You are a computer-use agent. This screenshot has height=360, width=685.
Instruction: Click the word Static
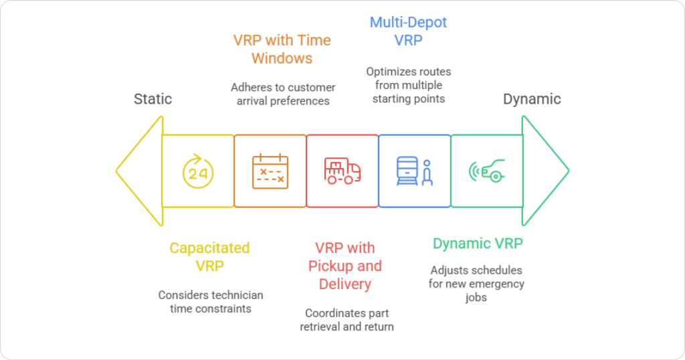[153, 99]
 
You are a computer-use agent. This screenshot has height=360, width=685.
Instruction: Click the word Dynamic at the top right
[532, 99]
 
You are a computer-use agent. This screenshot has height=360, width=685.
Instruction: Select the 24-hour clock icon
[198, 171]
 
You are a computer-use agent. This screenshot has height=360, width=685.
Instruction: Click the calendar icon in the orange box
[270, 171]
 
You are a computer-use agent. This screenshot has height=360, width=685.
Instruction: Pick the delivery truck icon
[342, 171]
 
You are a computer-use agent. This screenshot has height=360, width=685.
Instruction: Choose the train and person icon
[414, 171]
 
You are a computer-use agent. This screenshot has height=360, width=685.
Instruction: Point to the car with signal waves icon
[486, 171]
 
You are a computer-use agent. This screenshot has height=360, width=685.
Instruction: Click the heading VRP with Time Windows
[282, 49]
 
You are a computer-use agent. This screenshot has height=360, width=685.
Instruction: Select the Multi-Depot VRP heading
[408, 31]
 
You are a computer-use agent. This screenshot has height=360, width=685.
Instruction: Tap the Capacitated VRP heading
[209, 256]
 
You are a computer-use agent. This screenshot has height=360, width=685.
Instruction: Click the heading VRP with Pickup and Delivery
[345, 266]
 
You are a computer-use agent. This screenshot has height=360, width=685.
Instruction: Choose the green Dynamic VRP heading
[478, 244]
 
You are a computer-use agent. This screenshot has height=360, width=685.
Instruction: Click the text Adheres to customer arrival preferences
[283, 94]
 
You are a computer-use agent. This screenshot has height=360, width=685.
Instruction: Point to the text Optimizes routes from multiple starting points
[408, 85]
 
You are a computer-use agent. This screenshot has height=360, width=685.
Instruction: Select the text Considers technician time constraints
[211, 301]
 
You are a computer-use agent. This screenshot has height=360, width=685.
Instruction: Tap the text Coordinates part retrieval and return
[347, 319]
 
